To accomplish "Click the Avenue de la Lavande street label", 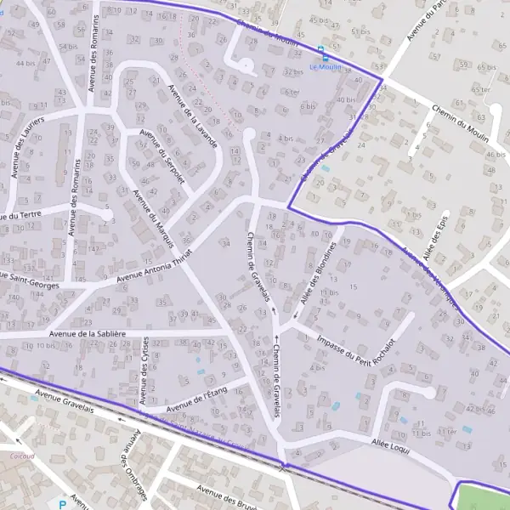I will [x=194, y=116].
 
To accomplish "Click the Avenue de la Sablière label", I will [x=88, y=334].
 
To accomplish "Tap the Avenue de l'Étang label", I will [x=198, y=399].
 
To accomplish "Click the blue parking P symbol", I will [x=61, y=504].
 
